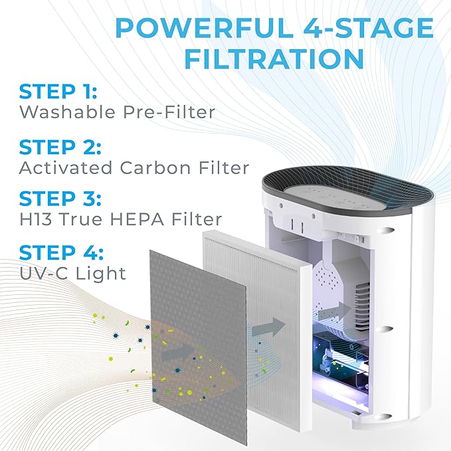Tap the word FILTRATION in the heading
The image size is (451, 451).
pyautogui.click(x=274, y=59)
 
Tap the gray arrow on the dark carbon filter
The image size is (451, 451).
pyautogui.click(x=175, y=347)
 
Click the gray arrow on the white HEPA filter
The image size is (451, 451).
pyautogui.click(x=270, y=325)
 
